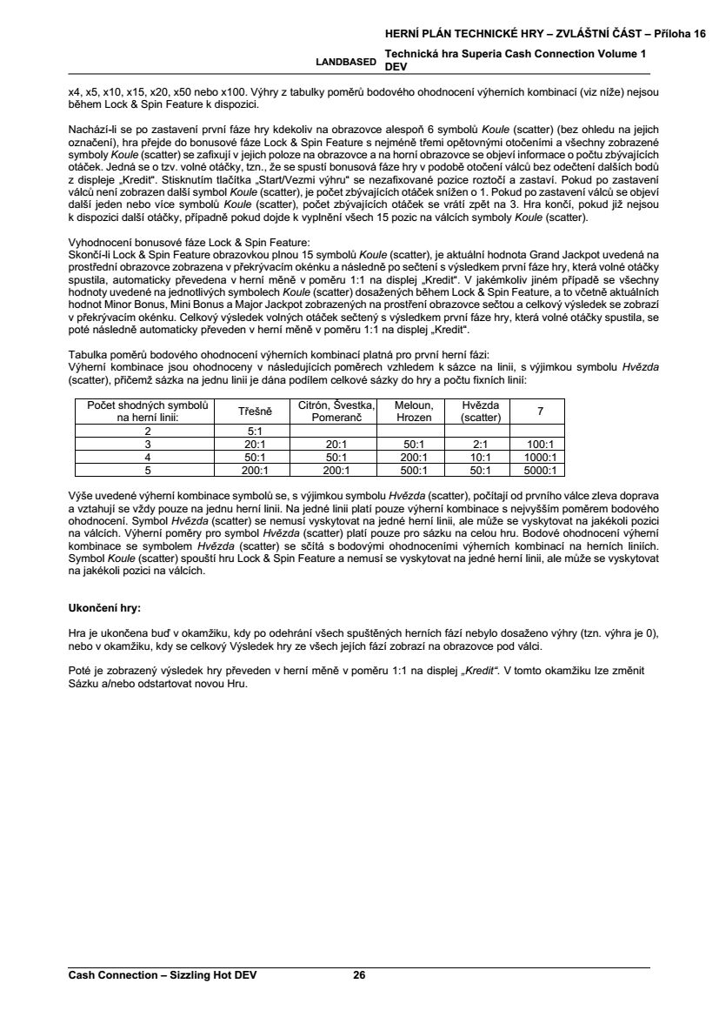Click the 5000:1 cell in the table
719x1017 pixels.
pos(540,471)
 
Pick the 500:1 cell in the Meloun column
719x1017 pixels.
pos(413,471)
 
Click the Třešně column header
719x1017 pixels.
pos(256,411)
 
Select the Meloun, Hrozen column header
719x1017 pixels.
pos(413,411)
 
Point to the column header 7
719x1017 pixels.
pos(540,411)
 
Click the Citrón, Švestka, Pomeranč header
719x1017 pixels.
pos(336,411)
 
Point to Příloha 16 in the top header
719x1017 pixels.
pos(678,33)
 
